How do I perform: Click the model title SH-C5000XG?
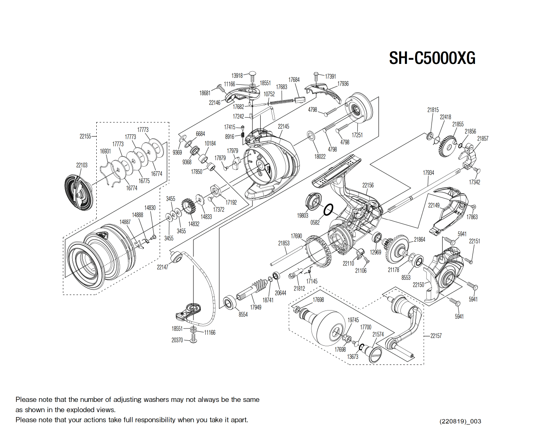click(x=432, y=58)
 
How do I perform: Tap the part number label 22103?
click(x=82, y=165)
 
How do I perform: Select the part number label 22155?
click(x=85, y=136)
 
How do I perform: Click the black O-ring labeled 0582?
click(x=328, y=210)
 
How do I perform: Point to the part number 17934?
click(x=428, y=172)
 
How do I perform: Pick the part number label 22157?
click(x=436, y=336)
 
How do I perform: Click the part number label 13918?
click(x=237, y=75)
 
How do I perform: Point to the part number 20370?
click(x=177, y=340)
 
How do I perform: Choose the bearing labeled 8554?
click(x=229, y=303)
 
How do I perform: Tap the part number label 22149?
click(x=434, y=205)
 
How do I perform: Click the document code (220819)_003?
click(x=460, y=421)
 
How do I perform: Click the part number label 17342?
click(x=474, y=182)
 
